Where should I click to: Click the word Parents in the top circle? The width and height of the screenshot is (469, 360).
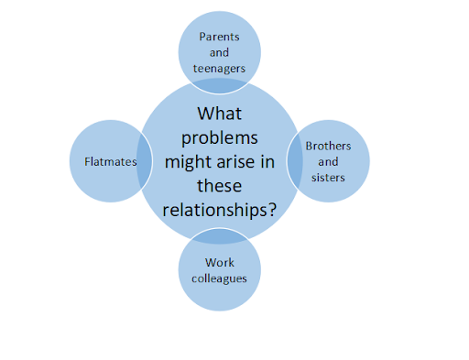tap(219, 37)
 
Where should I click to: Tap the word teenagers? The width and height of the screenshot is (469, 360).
tap(219, 69)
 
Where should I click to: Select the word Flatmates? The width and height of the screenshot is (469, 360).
tap(111, 161)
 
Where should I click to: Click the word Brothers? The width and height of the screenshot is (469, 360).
tap(328, 146)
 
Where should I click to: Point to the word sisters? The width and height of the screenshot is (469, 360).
tap(328, 178)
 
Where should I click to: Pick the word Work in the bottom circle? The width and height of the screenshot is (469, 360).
tap(220, 263)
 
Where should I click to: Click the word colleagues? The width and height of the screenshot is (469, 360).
tap(219, 278)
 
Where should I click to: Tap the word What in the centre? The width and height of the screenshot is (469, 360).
tap(220, 114)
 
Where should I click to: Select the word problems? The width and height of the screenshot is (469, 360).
tap(220, 138)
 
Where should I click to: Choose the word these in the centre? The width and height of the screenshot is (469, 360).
tap(220, 186)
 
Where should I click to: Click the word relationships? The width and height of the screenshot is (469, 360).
tap(214, 211)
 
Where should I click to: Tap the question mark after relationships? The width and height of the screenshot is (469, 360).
tap(272, 210)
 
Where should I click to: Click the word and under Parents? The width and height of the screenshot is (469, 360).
tap(219, 52)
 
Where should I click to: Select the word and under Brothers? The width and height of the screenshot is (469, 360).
tap(328, 162)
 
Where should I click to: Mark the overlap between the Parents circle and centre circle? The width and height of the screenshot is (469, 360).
tap(220, 86)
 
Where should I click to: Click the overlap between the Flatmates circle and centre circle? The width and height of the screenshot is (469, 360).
tap(144, 161)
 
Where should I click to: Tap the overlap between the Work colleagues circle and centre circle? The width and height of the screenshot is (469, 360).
tap(220, 236)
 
